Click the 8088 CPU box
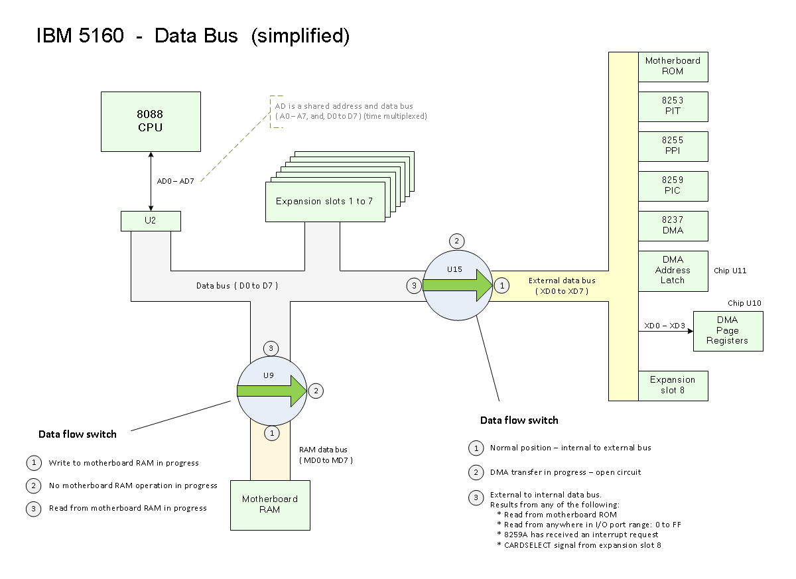pyautogui.click(x=151, y=121)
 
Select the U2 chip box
pyautogui.click(x=151, y=221)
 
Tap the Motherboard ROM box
pyautogui.click(x=673, y=66)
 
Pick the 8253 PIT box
pyautogui.click(x=673, y=106)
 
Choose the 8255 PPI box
pyautogui.click(x=673, y=146)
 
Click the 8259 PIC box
pyautogui.click(x=673, y=186)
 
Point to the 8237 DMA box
pyautogui.click(x=673, y=225)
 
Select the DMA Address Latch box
pyautogui.click(x=673, y=271)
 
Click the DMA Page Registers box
pyautogui.click(x=728, y=330)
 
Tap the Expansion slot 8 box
pyautogui.click(x=673, y=385)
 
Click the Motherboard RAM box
pyautogui.click(x=270, y=505)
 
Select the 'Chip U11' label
pyautogui.click(x=730, y=271)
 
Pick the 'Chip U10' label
pyautogui.click(x=744, y=303)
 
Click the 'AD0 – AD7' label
pyautogui.click(x=175, y=181)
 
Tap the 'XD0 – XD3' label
pyautogui.click(x=664, y=326)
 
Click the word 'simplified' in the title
pyautogui.click(x=300, y=36)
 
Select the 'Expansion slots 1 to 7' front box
pyautogui.click(x=324, y=201)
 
